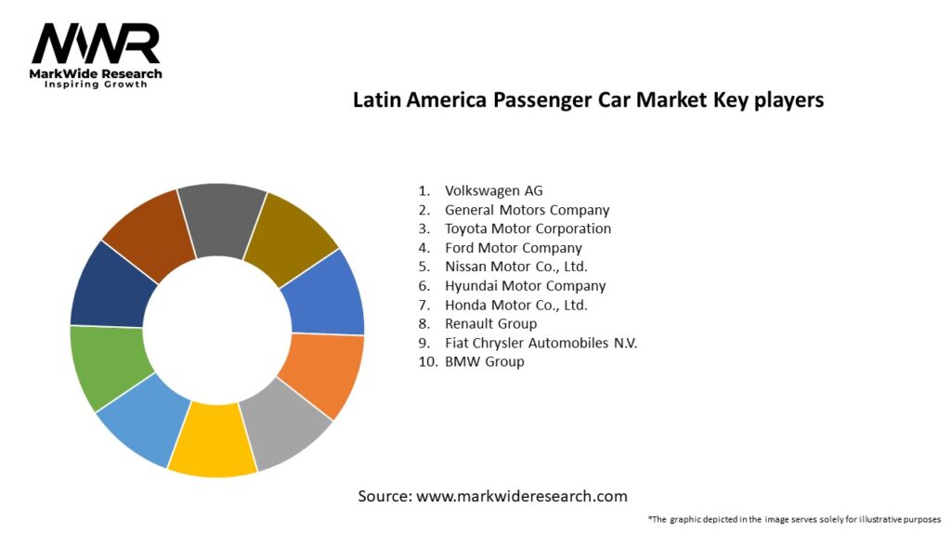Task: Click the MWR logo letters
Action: (96, 45)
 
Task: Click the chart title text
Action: (588, 100)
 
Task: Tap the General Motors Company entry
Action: (527, 210)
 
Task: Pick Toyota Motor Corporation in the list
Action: (528, 228)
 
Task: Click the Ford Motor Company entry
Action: (513, 248)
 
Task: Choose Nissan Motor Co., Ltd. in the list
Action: (515, 267)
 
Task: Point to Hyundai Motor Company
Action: (525, 286)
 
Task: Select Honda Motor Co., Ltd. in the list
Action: (515, 305)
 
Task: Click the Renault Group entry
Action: (490, 323)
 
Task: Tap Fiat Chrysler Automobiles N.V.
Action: (541, 343)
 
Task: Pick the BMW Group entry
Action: (484, 361)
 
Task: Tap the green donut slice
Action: (110, 367)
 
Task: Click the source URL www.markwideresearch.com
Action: (521, 496)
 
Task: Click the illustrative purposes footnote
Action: (794, 519)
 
